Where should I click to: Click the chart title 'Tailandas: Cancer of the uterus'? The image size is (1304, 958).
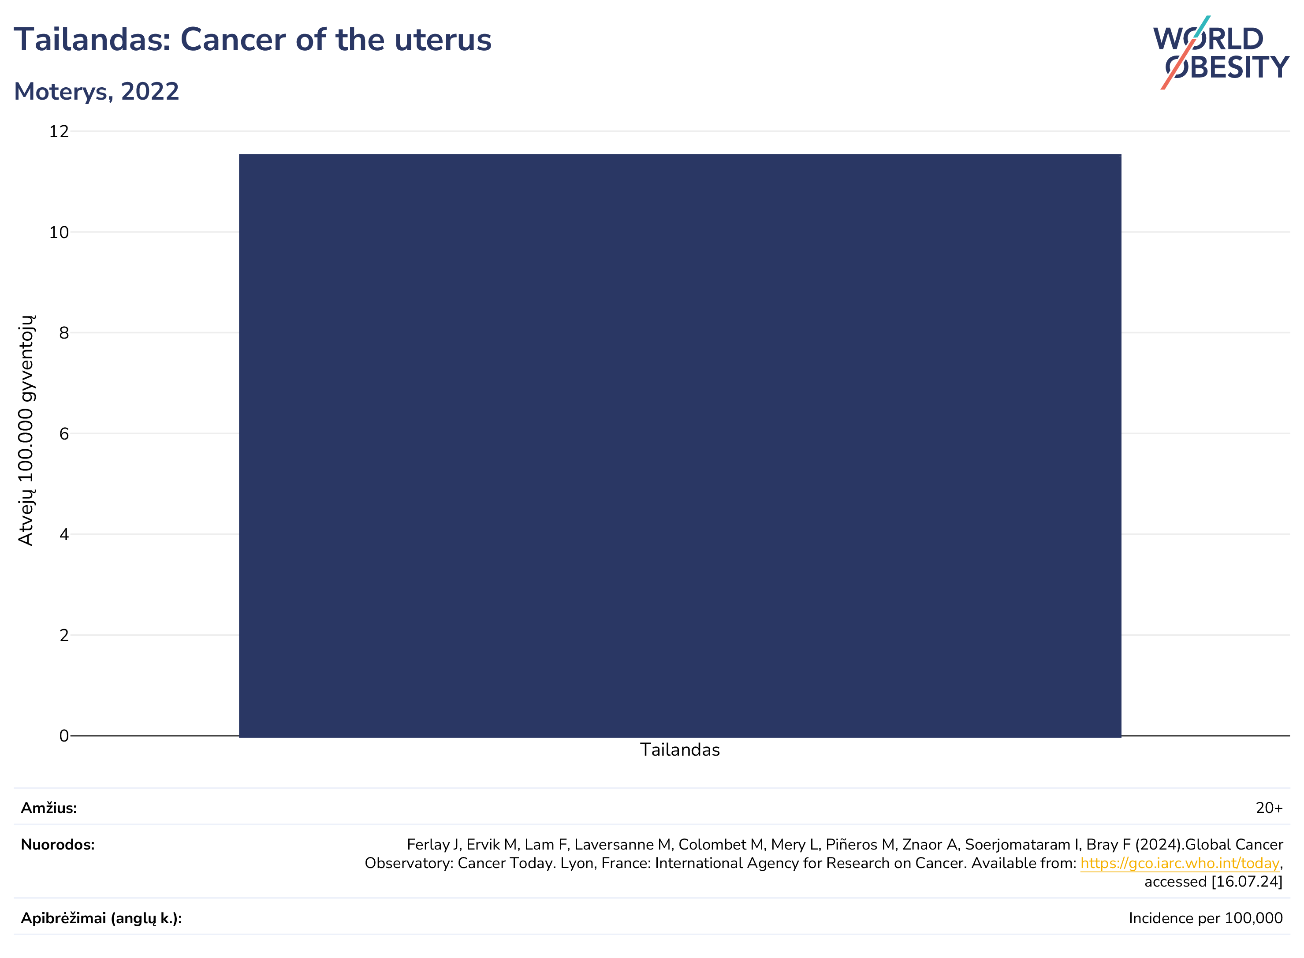pyautogui.click(x=252, y=40)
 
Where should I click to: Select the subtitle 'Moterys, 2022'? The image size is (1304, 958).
pyautogui.click(x=96, y=92)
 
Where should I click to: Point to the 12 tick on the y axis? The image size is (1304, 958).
pyautogui.click(x=59, y=132)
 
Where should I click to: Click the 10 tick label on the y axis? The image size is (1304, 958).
pyautogui.click(x=59, y=232)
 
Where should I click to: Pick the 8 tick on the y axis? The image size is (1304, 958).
pyautogui.click(x=64, y=333)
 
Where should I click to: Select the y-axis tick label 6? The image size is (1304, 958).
pyautogui.click(x=64, y=434)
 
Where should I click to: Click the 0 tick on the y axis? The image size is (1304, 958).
pyautogui.click(x=64, y=736)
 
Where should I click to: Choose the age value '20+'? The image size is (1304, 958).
pyautogui.click(x=1269, y=808)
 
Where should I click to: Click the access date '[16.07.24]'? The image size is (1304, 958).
pyautogui.click(x=1247, y=882)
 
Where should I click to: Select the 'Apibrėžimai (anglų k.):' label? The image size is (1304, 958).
pyautogui.click(x=101, y=919)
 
